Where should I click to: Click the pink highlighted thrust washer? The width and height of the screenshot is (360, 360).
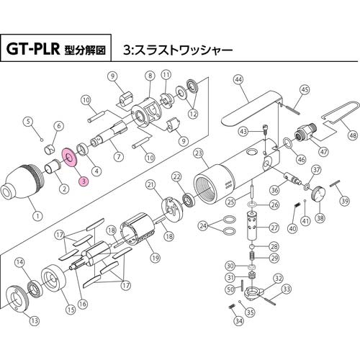[x=71, y=156]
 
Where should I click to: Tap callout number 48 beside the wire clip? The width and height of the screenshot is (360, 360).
[x=351, y=135]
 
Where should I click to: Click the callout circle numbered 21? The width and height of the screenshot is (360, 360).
[x=151, y=185]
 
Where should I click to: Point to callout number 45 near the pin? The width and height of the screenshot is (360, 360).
[x=305, y=89]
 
